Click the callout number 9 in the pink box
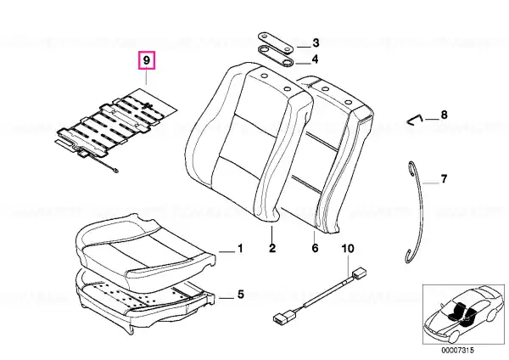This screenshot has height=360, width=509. [147, 60]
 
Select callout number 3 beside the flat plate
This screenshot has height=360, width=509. [316, 43]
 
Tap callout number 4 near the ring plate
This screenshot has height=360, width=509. [315, 59]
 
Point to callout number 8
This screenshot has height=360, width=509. [444, 115]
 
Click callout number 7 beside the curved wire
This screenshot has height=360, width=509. [444, 178]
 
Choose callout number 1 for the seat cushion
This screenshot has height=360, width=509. [240, 249]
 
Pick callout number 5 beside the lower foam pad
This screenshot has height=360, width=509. [240, 295]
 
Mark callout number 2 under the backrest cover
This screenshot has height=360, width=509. [272, 248]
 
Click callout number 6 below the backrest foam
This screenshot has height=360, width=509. [315, 248]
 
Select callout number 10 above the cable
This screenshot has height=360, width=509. [348, 249]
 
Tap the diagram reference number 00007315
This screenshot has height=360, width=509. [457, 351]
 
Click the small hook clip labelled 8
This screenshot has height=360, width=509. [413, 119]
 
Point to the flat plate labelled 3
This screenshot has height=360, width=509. [276, 42]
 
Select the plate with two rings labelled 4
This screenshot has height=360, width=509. [276, 55]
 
